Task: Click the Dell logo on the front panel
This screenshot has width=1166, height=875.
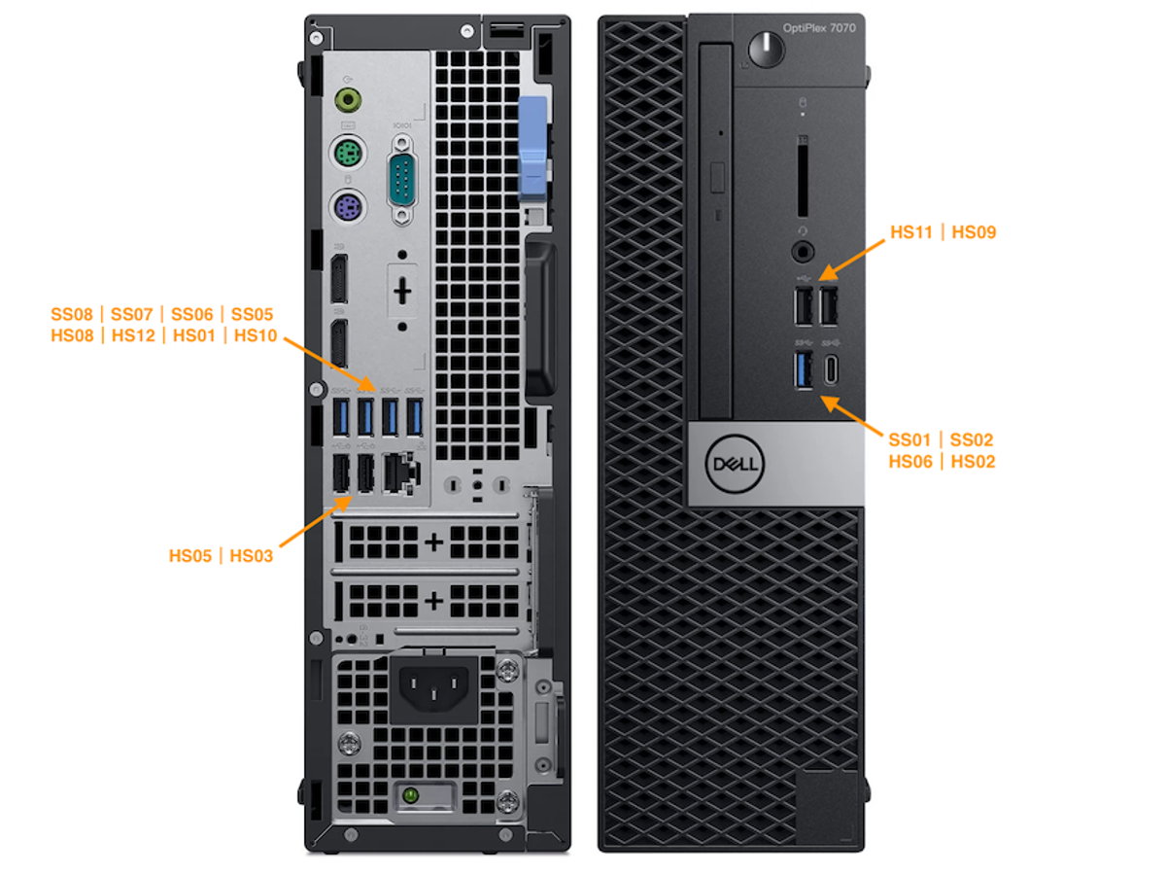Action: pyautogui.click(x=735, y=464)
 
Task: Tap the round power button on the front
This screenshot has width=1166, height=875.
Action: pyautogui.click(x=766, y=50)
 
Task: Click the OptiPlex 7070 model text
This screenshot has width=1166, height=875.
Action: pyautogui.click(x=818, y=27)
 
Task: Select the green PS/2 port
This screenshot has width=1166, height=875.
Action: pyautogui.click(x=348, y=154)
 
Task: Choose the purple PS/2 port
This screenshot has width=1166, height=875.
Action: pyautogui.click(x=348, y=205)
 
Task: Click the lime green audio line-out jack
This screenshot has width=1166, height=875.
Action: pyautogui.click(x=348, y=99)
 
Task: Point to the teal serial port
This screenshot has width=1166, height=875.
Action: pyautogui.click(x=402, y=181)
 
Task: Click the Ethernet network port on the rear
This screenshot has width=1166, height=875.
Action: pyautogui.click(x=399, y=472)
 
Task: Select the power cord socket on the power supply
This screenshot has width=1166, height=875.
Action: pyautogui.click(x=433, y=687)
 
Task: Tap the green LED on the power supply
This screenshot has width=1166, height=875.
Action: pyautogui.click(x=410, y=795)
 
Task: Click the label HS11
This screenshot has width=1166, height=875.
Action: pyautogui.click(x=909, y=232)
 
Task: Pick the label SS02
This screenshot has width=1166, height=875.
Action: pyautogui.click(x=971, y=439)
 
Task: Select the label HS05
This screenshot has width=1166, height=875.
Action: pyautogui.click(x=189, y=556)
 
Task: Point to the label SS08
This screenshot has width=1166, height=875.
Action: pyautogui.click(x=72, y=314)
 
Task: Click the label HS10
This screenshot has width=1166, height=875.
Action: pyautogui.click(x=255, y=335)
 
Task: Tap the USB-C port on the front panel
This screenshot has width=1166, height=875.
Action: pyautogui.click(x=830, y=369)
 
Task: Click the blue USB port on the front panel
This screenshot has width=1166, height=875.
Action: pyautogui.click(x=803, y=369)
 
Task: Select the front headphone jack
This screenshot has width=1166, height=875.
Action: pyautogui.click(x=803, y=251)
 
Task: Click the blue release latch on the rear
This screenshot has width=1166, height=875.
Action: pyautogui.click(x=532, y=148)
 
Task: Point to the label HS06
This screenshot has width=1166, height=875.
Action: pyautogui.click(x=909, y=461)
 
